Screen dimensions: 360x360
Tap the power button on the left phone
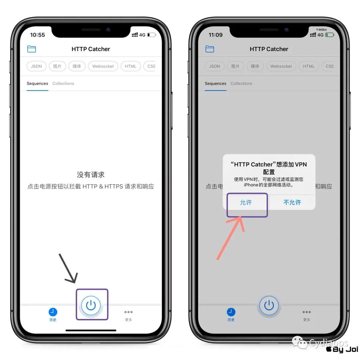(x=91, y=305)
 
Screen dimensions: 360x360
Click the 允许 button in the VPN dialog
(x=246, y=202)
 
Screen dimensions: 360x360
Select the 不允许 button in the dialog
(x=292, y=202)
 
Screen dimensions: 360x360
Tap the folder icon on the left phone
(x=31, y=49)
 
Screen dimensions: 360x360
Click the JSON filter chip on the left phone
(x=36, y=66)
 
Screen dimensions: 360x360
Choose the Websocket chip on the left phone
(x=103, y=66)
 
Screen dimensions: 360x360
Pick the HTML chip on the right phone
(x=309, y=66)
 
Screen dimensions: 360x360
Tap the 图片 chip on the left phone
(x=57, y=66)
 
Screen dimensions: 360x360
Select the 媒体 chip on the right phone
(x=255, y=66)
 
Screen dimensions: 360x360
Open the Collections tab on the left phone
(x=63, y=83)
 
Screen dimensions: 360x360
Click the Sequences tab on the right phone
(x=215, y=83)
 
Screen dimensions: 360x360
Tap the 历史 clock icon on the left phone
(x=53, y=312)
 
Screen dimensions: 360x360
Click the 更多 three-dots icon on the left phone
(x=128, y=312)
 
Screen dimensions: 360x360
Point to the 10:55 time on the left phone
(x=37, y=35)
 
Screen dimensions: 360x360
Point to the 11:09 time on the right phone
(x=216, y=35)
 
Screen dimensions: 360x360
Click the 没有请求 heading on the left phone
(x=91, y=175)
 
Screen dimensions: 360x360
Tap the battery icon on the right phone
(x=330, y=35)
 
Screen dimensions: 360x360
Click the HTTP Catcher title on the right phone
(x=269, y=49)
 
